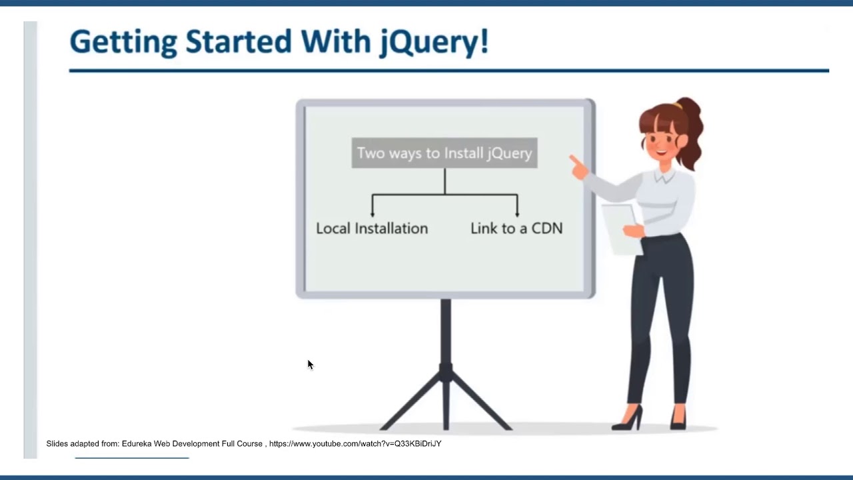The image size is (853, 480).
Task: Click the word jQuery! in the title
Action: [x=434, y=42]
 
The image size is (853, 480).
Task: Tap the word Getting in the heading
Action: [x=123, y=43]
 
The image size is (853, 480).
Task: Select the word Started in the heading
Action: [x=239, y=41]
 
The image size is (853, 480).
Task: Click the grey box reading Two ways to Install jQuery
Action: [x=444, y=153]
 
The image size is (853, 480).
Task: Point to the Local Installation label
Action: [x=372, y=228]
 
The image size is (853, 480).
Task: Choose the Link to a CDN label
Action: [x=516, y=228]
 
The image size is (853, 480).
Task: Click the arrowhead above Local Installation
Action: [x=373, y=215]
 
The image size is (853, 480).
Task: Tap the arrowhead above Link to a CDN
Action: [x=517, y=215]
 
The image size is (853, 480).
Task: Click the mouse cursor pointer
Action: [x=311, y=365]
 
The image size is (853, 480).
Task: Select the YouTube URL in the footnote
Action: [x=355, y=444]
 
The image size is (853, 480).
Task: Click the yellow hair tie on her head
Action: [x=676, y=105]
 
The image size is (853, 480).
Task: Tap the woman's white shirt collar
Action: [x=664, y=176]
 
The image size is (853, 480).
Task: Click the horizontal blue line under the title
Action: [x=449, y=71]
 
